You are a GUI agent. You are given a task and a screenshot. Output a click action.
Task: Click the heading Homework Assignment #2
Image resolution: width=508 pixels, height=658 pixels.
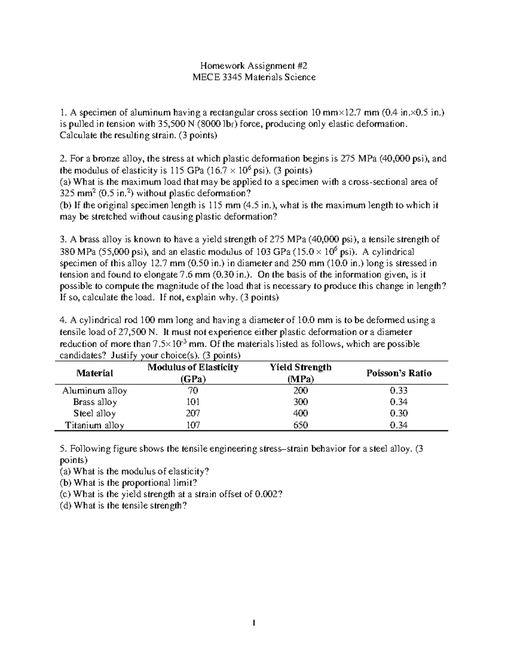click(254, 66)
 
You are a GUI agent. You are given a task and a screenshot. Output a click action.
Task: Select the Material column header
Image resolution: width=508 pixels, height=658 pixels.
click(95, 373)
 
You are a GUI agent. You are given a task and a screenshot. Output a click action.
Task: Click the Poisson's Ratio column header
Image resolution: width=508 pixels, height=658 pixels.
click(399, 373)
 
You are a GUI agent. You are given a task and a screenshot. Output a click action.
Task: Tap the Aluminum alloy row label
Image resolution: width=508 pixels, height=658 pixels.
click(95, 391)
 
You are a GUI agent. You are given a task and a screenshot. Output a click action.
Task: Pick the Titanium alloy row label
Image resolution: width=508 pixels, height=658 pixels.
click(95, 425)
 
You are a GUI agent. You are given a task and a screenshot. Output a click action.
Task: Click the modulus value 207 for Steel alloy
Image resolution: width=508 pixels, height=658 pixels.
click(193, 414)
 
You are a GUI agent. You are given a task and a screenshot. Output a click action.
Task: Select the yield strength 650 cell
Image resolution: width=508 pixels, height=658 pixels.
click(301, 425)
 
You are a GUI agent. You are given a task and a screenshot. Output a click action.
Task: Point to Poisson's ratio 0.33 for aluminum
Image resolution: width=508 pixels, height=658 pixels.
click(399, 391)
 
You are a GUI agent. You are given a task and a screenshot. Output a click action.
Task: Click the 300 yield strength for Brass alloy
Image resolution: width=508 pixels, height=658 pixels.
click(301, 402)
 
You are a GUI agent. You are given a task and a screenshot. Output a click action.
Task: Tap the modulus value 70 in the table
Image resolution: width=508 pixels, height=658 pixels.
click(193, 391)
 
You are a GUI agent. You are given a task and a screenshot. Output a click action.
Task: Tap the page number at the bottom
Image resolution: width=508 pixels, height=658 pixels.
click(254, 623)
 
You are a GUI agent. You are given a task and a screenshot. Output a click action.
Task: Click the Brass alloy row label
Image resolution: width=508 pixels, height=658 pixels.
click(95, 402)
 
